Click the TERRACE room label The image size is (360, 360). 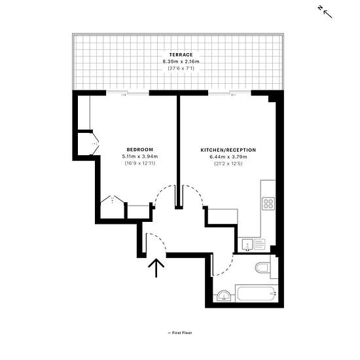[181, 54]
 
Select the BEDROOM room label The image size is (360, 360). [140, 149]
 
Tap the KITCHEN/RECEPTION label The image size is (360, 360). [228, 150]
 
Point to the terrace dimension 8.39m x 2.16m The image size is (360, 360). [181, 62]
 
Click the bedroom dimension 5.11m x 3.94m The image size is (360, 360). [140, 156]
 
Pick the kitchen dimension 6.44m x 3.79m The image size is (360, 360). [228, 157]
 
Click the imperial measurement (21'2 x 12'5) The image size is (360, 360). [228, 164]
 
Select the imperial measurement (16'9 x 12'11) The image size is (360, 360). [140, 164]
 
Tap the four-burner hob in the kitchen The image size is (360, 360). [268, 204]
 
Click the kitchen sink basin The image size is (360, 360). [247, 244]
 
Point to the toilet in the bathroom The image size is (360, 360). [263, 267]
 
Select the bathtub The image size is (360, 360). [257, 293]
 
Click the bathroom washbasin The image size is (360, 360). [224, 296]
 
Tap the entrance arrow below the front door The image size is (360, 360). [156, 268]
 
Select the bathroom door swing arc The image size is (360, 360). [227, 269]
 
